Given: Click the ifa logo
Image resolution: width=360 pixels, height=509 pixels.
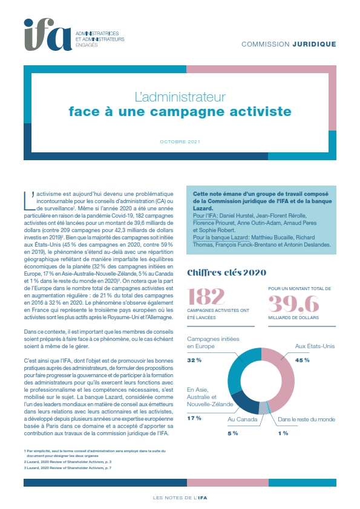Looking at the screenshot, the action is (48, 34).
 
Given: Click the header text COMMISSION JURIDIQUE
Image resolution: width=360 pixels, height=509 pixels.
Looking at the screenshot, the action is (289, 44).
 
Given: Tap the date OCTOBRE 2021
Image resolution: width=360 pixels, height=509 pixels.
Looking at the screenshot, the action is (180, 142).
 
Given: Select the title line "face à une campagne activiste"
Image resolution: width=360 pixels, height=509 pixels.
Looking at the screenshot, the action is (180, 111).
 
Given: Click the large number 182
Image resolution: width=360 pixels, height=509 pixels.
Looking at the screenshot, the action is (206, 296).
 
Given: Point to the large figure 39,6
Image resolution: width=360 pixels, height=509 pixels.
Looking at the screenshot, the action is (293, 303).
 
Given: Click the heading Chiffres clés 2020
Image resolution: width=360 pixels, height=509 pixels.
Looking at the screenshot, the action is (226, 273).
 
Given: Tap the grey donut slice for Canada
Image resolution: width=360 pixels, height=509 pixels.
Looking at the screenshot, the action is (263, 409).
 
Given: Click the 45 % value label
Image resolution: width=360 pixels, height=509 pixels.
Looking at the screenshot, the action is (302, 360).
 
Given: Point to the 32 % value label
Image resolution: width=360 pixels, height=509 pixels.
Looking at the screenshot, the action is (194, 360).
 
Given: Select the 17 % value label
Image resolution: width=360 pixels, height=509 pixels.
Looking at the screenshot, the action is (194, 418).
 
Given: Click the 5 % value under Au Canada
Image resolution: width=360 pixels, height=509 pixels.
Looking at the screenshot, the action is (232, 433).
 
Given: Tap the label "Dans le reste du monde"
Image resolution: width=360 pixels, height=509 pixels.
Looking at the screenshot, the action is (306, 419).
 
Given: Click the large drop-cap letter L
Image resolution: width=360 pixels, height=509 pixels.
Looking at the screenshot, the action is (29, 200).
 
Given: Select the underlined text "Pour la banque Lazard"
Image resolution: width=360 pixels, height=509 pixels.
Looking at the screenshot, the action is (221, 238).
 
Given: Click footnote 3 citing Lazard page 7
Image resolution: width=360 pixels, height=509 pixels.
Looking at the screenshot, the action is (68, 468).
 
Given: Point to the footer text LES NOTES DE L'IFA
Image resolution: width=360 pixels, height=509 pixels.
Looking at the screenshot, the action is (180, 498).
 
